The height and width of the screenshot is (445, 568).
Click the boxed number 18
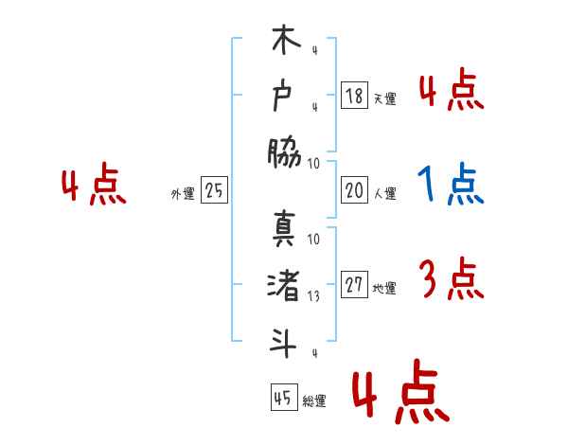(x=354, y=96)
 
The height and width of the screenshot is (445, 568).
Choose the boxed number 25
(x=214, y=191)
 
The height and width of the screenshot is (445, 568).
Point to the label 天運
(x=384, y=98)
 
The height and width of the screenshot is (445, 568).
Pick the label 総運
(x=314, y=400)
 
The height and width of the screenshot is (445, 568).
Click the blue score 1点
(x=451, y=186)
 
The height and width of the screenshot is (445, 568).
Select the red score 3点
(x=451, y=279)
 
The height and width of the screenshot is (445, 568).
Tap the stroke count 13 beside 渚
(x=314, y=294)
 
